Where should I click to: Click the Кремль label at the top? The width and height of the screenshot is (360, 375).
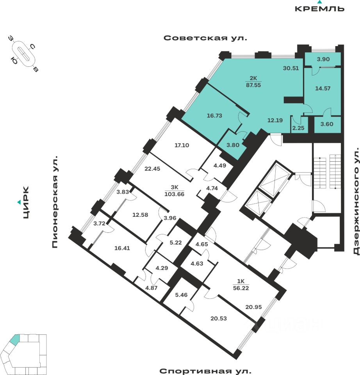coord(319,8)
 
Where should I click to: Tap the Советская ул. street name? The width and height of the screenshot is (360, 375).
coord(205,38)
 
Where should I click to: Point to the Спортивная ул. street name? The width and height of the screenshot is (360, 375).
coord(205,370)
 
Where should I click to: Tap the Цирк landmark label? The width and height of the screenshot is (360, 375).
coord(26,203)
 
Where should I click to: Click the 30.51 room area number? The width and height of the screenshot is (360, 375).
coord(291,68)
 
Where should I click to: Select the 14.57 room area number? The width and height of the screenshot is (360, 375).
coord(323,88)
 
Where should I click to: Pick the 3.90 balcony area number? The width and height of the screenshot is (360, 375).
coord(323,59)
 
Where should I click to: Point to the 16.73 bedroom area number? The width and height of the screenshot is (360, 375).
coord(215,115)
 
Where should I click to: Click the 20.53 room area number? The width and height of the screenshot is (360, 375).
coord(219,318)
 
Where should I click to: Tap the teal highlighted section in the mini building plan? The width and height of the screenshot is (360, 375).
coord(14,339)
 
